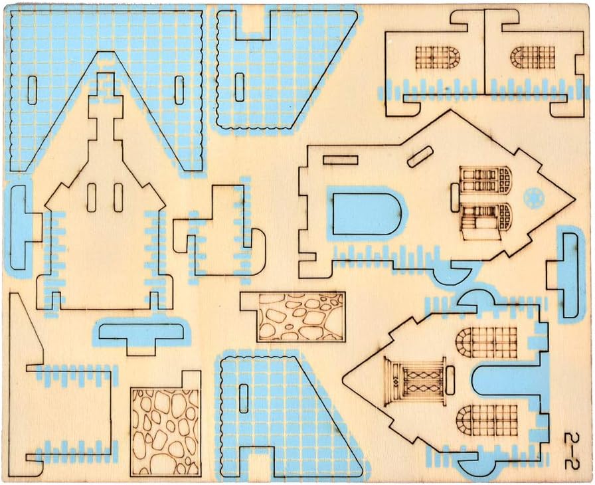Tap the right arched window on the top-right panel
[531, 56]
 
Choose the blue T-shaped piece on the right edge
[569, 273]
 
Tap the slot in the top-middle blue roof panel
[240, 87]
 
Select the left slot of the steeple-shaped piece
[92, 197]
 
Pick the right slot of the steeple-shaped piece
[118, 197]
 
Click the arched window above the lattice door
[476, 341]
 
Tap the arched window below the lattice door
[476, 419]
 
